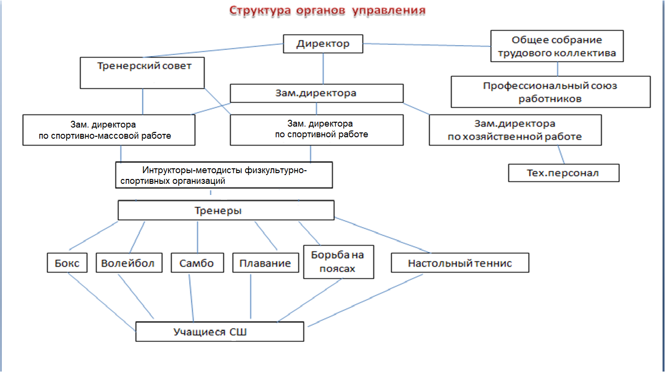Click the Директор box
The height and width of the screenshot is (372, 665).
tap(323, 44)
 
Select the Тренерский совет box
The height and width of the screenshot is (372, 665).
tap(142, 73)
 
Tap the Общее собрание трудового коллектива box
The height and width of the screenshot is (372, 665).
tap(557, 46)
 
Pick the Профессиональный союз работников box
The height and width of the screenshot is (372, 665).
tap(550, 92)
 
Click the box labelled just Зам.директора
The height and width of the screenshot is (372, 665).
tap(316, 93)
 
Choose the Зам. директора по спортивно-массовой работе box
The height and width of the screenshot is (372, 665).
tap(109, 130)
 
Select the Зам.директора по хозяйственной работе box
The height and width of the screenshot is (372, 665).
tap(515, 130)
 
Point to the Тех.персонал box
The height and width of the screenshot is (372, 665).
tap(564, 173)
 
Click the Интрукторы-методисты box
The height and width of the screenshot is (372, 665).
tap(224, 175)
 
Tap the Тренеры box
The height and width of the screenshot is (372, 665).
tap(226, 211)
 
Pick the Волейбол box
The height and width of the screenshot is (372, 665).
tap(128, 263)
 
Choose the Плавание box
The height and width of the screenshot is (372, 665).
tap(266, 263)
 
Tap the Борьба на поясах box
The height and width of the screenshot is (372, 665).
tap(338, 261)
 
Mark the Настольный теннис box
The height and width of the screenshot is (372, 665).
tap(460, 263)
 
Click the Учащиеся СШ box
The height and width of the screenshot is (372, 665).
tap(219, 332)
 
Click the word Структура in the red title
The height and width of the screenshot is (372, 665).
tap(260, 10)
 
